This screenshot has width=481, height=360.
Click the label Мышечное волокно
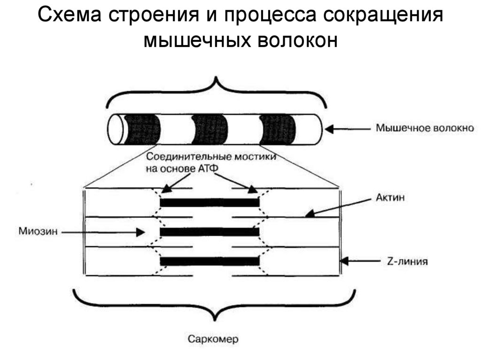pos(425,128)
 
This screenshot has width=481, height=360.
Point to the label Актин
pos(390,198)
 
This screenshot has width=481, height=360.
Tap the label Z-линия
pos(407,261)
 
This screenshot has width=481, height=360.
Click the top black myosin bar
pos(209,202)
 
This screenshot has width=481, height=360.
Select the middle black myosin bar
pos(209,232)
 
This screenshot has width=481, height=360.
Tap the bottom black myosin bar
pos(209,261)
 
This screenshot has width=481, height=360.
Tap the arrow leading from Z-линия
pos(365,261)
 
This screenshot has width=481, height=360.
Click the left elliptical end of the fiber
pos(116,130)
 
